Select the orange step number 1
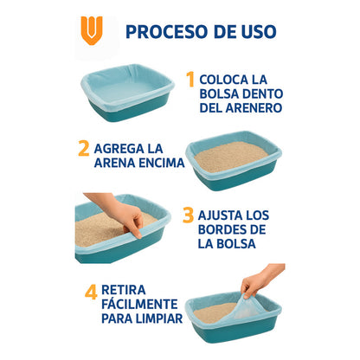click(x=190, y=80)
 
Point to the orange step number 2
click(x=84, y=147)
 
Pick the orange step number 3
click(x=188, y=215)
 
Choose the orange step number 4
click(x=90, y=292)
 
